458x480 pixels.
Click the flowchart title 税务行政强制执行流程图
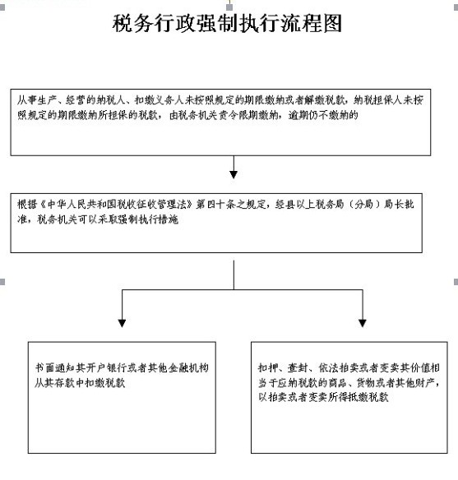(227, 24)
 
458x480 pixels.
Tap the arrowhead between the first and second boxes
(234, 174)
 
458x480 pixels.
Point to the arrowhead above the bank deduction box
(122, 323)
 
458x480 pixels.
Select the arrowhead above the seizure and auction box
(363, 323)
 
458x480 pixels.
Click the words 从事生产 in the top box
(37, 100)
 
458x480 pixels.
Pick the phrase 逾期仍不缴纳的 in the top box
(323, 115)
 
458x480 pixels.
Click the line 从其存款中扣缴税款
(80, 383)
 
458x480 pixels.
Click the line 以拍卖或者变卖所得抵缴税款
(323, 397)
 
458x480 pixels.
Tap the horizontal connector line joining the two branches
(243, 289)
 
